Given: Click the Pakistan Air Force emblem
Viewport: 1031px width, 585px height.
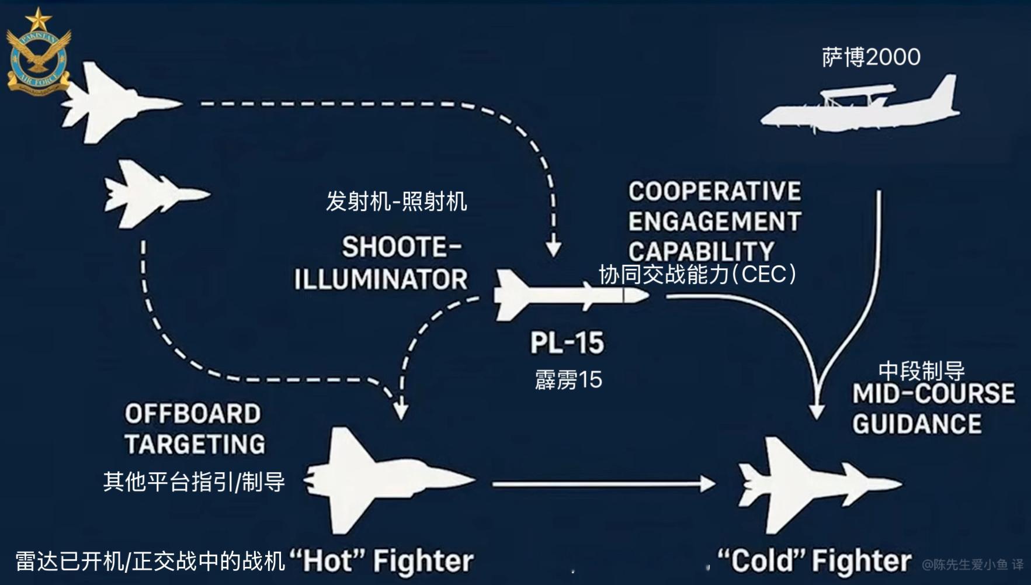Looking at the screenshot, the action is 39,51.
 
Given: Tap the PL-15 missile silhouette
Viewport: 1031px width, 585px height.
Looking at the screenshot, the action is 571,295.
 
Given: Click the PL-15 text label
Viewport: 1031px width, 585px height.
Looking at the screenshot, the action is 567,343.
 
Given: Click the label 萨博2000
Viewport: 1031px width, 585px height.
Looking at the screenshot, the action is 871,57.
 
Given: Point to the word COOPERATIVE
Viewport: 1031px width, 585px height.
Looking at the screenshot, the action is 714,191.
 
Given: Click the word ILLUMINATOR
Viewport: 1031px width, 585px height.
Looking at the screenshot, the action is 381,279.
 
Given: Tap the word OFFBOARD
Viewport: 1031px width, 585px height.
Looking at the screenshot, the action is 193,414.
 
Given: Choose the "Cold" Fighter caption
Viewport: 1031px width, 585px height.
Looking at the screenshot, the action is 814,560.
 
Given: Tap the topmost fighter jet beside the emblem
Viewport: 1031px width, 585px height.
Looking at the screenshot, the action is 122,103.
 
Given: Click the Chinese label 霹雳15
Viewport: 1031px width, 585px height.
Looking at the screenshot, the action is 568,380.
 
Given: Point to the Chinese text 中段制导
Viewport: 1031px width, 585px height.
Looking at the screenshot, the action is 921,371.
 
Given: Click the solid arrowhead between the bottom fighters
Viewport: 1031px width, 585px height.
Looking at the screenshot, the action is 708,484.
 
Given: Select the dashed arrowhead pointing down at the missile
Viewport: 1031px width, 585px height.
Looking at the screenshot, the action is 553,248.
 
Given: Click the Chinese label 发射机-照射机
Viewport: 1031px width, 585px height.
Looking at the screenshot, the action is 397,202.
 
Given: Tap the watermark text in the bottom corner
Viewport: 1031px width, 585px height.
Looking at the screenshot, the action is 973,565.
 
